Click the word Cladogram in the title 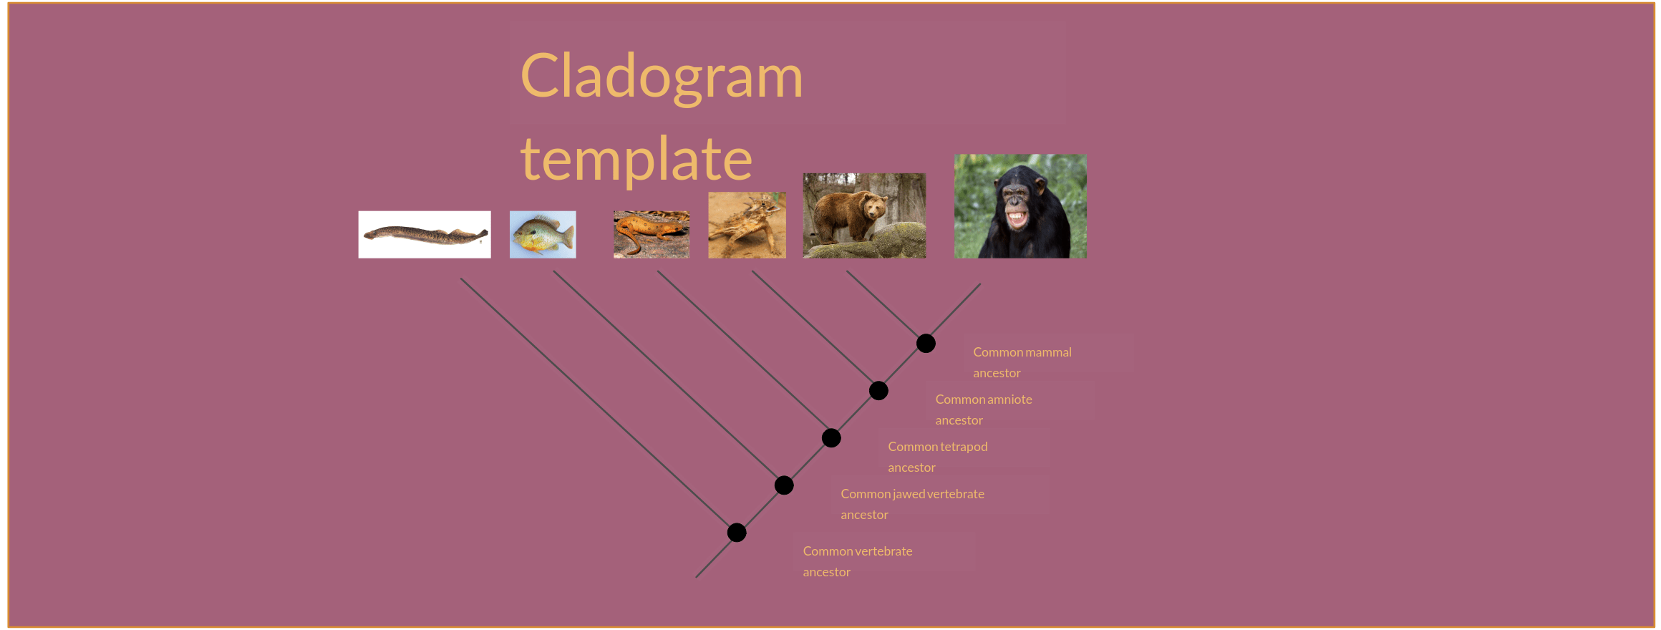(x=662, y=77)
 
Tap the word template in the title (x=636, y=159)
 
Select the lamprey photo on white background (x=425, y=234)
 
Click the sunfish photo (x=543, y=234)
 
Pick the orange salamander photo (x=652, y=234)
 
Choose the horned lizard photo (x=747, y=225)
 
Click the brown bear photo (x=864, y=215)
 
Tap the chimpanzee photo (x=1020, y=206)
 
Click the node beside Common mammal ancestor (x=926, y=344)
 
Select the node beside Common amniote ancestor (x=878, y=391)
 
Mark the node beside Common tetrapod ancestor (x=831, y=438)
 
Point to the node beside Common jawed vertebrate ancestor (x=784, y=485)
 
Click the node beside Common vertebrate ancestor (x=737, y=533)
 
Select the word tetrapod (x=964, y=447)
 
